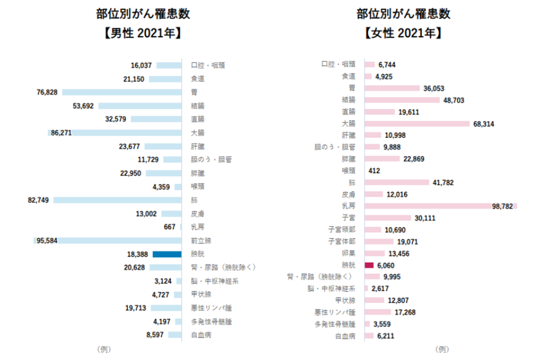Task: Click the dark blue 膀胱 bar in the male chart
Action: pos(166,254)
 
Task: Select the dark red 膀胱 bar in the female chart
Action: pos(370,265)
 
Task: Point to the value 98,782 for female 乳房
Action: pos(502,206)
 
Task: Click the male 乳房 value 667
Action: pos(170,227)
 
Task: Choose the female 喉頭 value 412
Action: pos(374,170)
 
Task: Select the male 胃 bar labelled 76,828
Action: pos(121,92)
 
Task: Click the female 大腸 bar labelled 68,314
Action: pos(417,123)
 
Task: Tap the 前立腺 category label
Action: pos(201,240)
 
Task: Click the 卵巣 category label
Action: pos(349,253)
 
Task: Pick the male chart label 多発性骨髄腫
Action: pos(211,322)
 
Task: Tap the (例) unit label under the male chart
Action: pos(103,349)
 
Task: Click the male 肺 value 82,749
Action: pos(39,200)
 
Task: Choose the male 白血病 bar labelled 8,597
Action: pos(174,335)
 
